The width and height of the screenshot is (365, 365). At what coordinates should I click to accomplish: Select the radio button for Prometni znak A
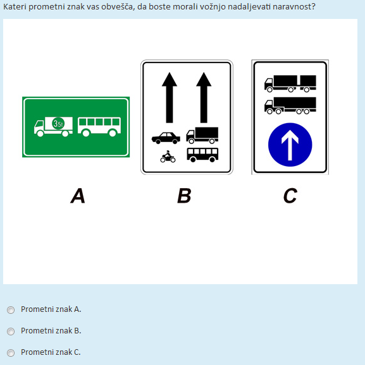click(x=11, y=310)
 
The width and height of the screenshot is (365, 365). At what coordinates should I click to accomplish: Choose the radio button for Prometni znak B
click(x=11, y=332)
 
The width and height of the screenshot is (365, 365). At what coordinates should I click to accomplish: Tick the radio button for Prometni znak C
click(x=11, y=353)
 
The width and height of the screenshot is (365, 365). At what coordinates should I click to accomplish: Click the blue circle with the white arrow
click(x=290, y=145)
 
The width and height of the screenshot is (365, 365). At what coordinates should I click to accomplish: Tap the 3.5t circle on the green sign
click(x=58, y=124)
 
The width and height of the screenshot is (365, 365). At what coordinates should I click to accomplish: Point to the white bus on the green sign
click(x=99, y=127)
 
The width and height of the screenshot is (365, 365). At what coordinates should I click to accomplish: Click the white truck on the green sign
click(x=53, y=127)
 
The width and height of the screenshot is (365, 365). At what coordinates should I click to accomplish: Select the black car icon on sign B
click(x=166, y=138)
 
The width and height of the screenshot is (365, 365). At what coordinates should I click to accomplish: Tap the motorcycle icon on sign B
click(x=168, y=157)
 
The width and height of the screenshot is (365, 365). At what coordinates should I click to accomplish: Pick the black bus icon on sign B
click(x=202, y=155)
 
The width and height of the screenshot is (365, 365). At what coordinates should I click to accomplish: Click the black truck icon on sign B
click(x=202, y=135)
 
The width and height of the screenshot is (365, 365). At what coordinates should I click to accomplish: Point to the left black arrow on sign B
click(x=170, y=97)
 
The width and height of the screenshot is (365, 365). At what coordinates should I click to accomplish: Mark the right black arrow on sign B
click(x=204, y=97)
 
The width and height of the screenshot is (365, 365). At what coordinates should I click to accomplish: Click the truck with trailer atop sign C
click(x=290, y=83)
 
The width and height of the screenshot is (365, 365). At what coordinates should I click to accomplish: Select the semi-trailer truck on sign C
click(x=290, y=105)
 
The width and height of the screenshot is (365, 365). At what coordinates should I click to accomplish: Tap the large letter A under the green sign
click(x=78, y=196)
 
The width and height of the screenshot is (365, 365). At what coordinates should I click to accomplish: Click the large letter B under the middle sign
click(x=184, y=196)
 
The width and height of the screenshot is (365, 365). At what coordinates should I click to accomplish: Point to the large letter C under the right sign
click(x=290, y=196)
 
